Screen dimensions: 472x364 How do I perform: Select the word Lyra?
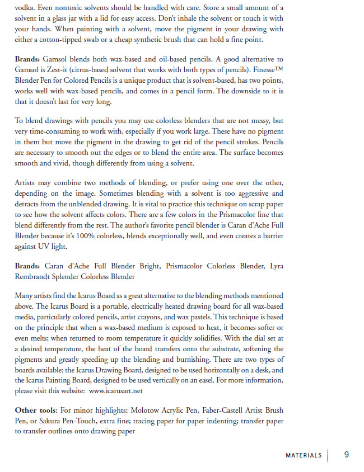pyautogui.click(x=276, y=267)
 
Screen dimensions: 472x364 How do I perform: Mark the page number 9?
pyautogui.click(x=347, y=455)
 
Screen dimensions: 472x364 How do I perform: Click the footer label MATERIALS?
pyautogui.click(x=304, y=455)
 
